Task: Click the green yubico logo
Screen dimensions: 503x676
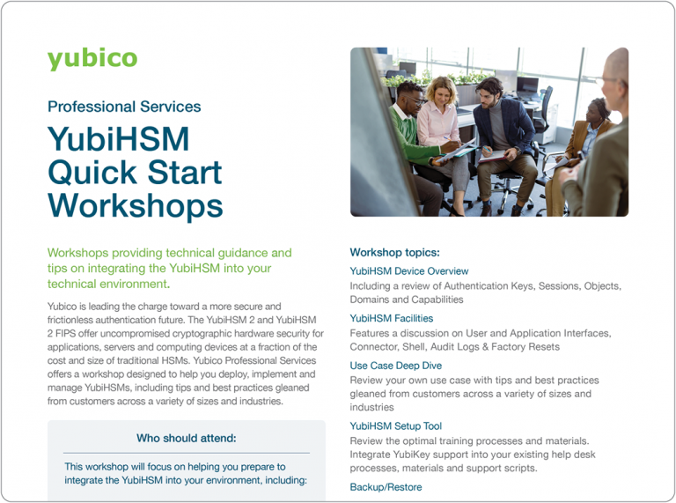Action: (92, 59)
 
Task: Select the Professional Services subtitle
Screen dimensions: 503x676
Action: (124, 107)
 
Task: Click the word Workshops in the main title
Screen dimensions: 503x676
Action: (135, 204)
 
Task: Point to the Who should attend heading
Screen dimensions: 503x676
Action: (186, 438)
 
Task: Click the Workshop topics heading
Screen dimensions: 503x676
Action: (394, 253)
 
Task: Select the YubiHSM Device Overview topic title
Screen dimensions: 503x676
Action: (409, 271)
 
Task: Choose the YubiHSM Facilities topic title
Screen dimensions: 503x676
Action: (392, 318)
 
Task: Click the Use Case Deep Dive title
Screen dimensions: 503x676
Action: (396, 366)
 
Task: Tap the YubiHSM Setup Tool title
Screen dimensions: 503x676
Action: (396, 426)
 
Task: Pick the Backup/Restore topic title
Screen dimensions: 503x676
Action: (386, 487)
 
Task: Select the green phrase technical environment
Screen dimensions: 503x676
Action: (107, 284)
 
